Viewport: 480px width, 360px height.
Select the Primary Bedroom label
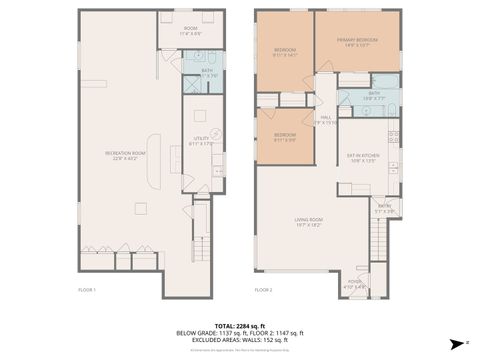pyautogui.click(x=359, y=42)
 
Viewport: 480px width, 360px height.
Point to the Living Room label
pyautogui.click(x=308, y=222)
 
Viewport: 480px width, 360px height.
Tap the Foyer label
pyautogui.click(x=356, y=284)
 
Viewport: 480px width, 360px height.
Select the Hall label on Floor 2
pyautogui.click(x=326, y=120)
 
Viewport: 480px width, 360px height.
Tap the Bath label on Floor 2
pyautogui.click(x=374, y=95)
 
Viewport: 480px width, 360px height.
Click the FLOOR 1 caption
pyautogui.click(x=87, y=289)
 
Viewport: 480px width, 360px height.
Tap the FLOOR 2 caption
pyautogui.click(x=263, y=289)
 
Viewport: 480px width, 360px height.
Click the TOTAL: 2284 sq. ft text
pyautogui.click(x=240, y=326)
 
